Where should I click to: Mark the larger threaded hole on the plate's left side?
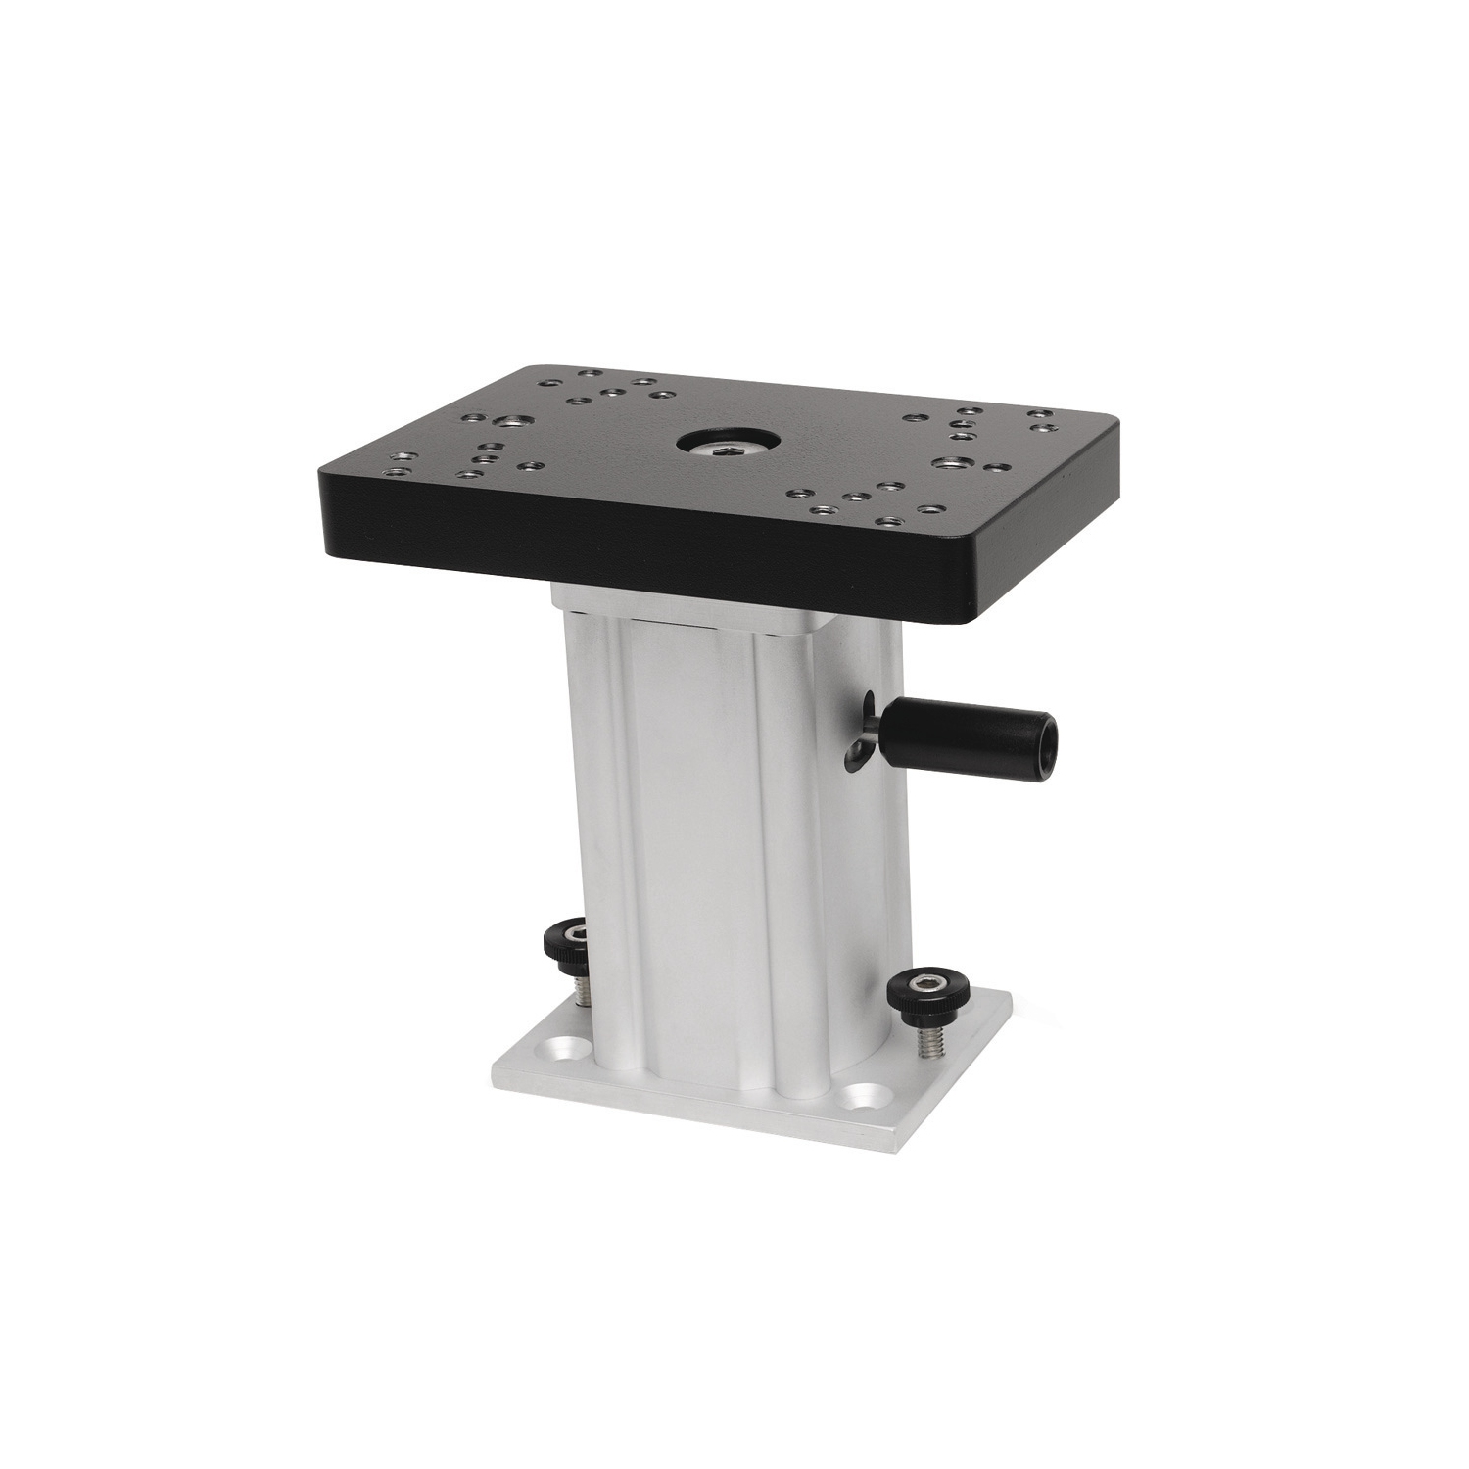click(x=508, y=421)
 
